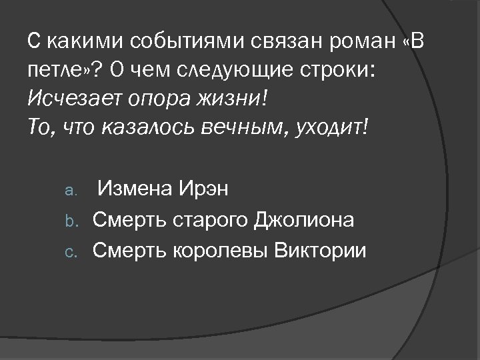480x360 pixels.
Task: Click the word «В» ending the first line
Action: click(407, 42)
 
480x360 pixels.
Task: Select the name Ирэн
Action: click(203, 190)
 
